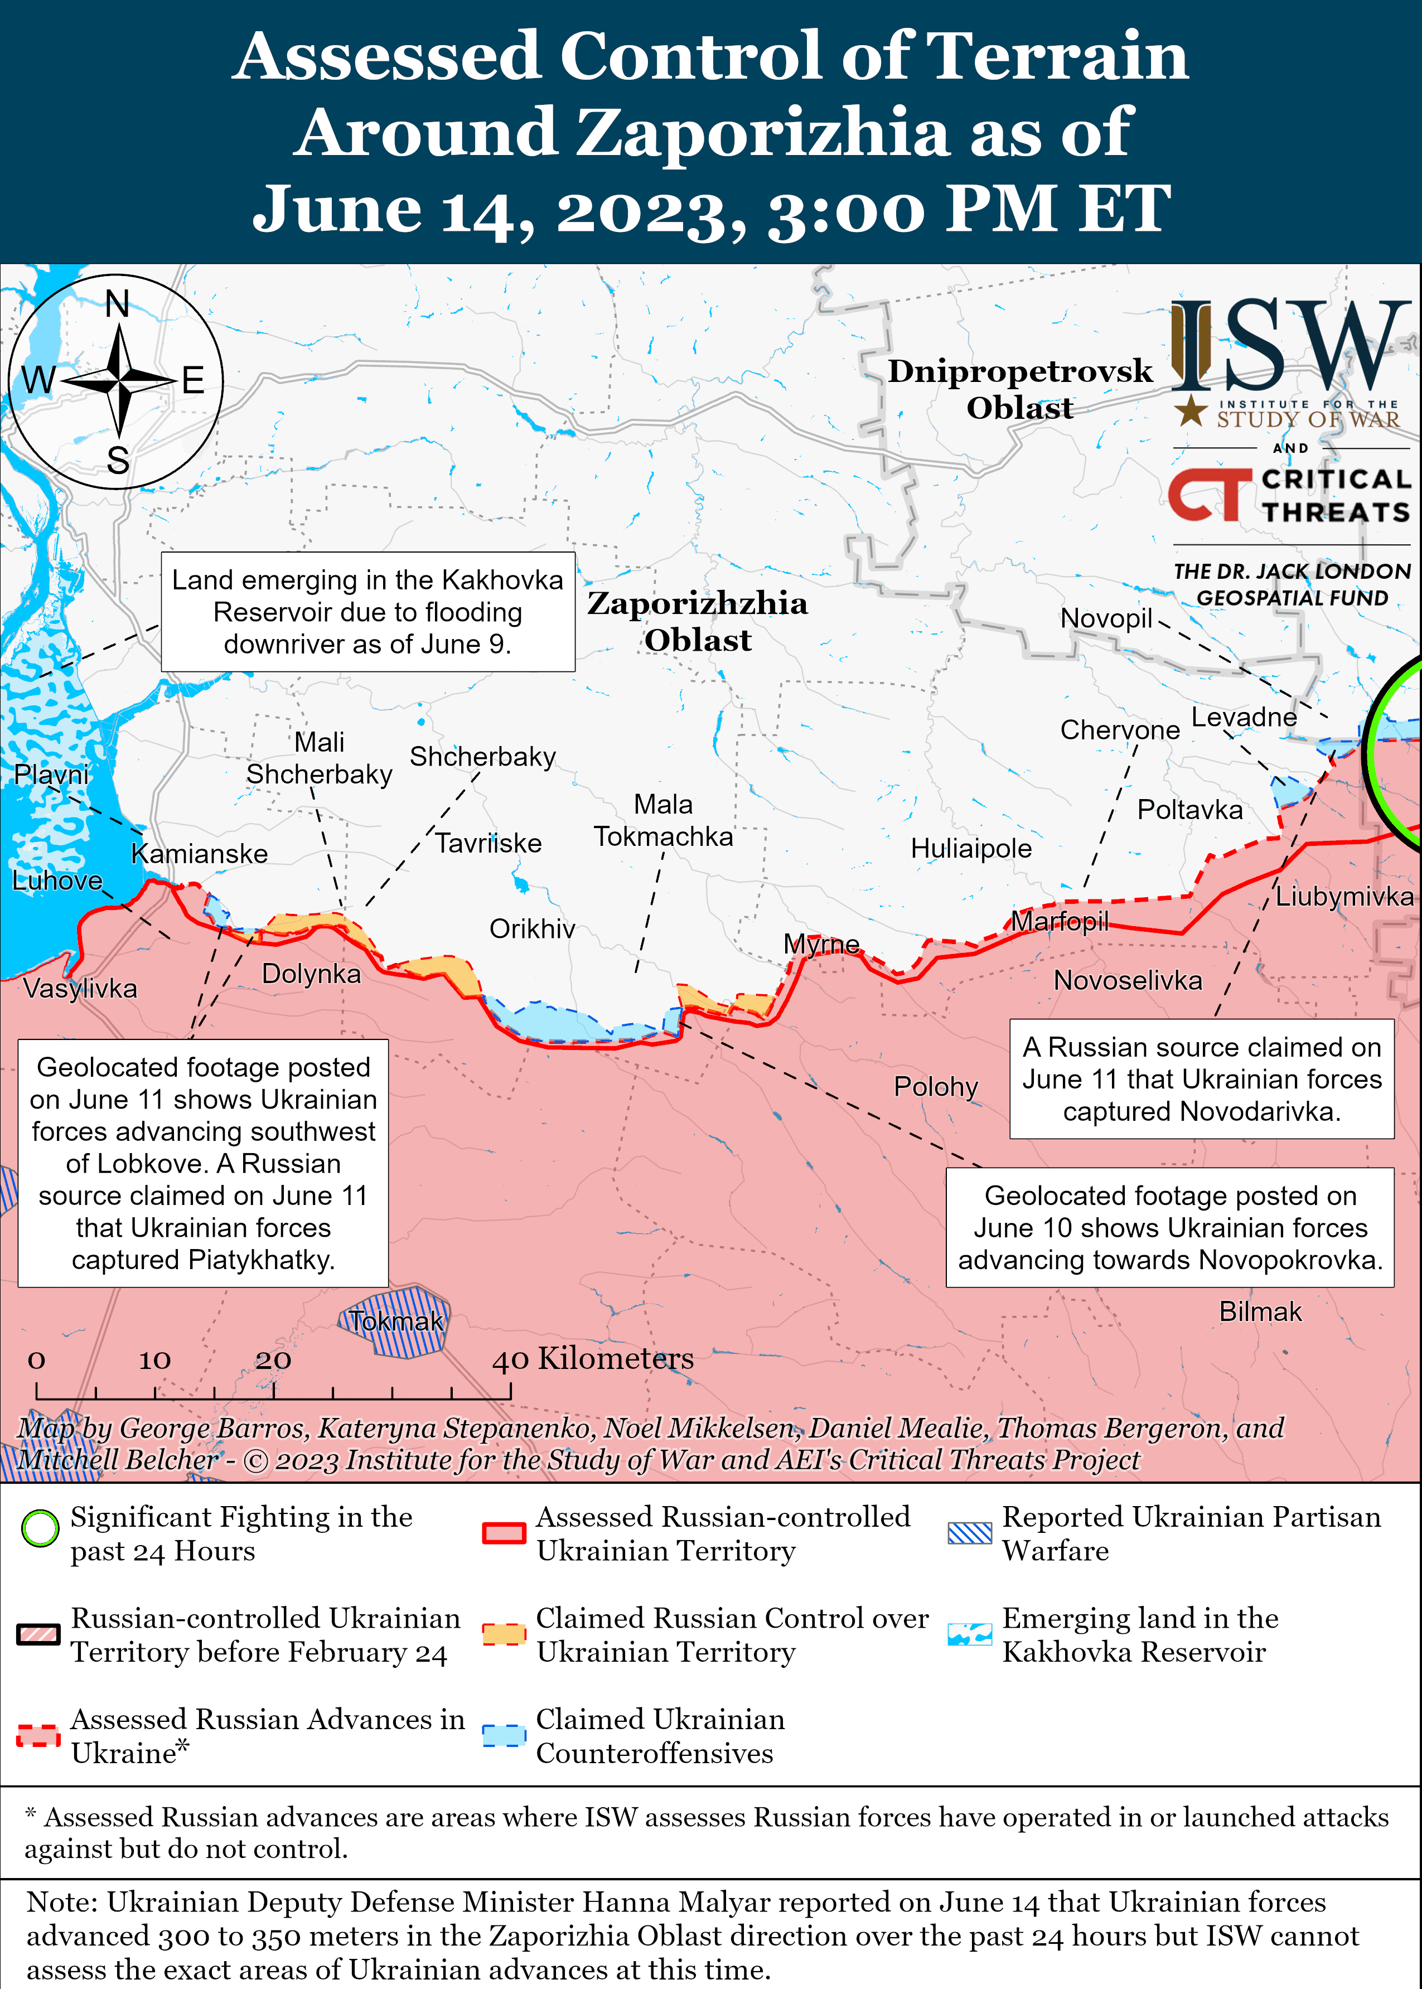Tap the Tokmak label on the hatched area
point(396,1321)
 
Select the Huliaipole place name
point(971,848)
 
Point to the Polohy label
point(935,1086)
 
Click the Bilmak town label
point(1260,1312)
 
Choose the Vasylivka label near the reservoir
point(80,989)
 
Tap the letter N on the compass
point(117,304)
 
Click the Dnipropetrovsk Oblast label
point(1020,389)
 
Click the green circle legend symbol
point(40,1528)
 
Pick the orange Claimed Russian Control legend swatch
point(504,1634)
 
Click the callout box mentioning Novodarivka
point(1201,1078)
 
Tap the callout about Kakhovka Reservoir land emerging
point(367,612)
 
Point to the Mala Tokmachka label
point(663,820)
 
